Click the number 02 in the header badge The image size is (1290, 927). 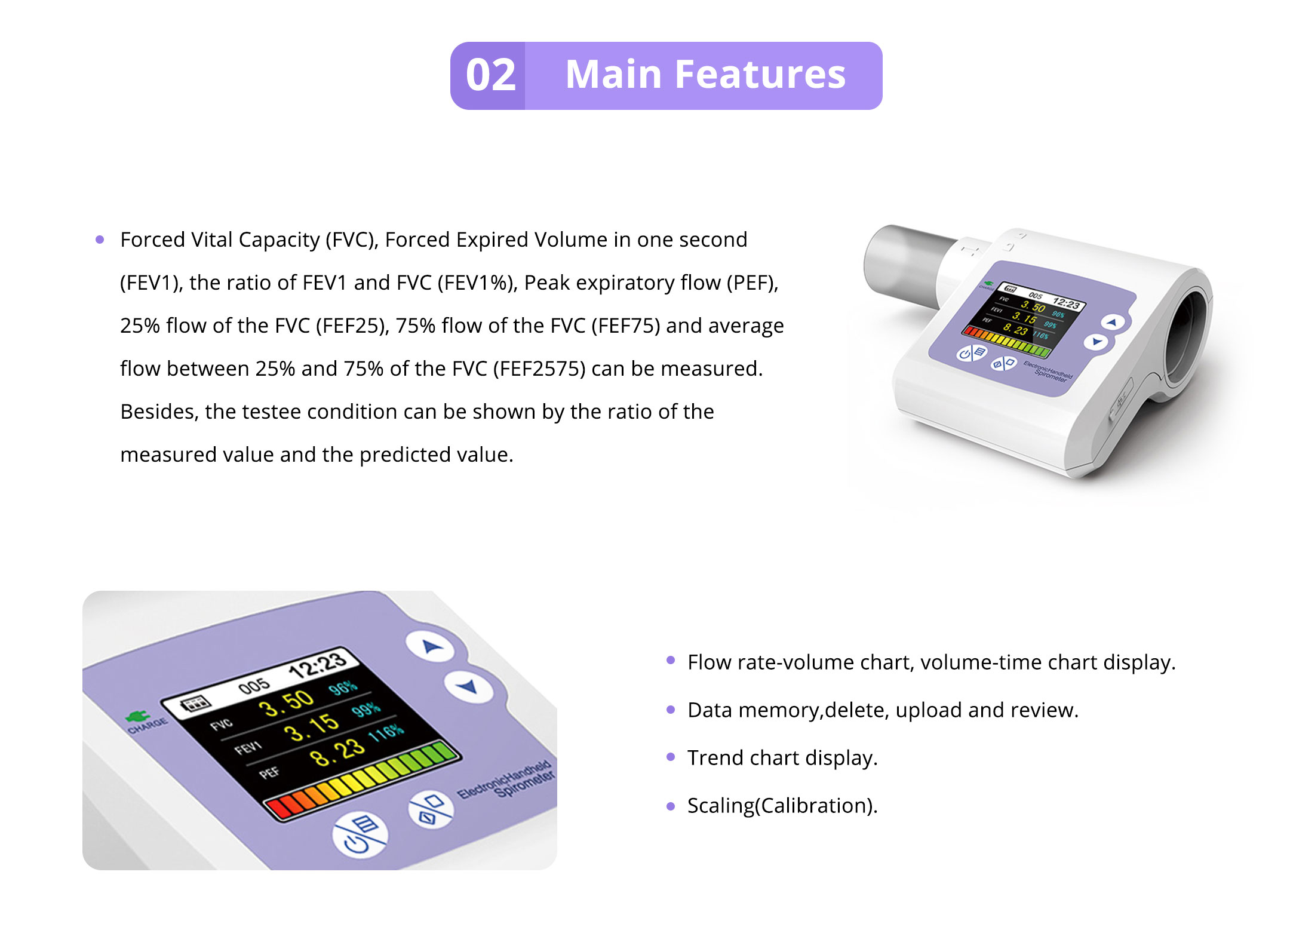490,75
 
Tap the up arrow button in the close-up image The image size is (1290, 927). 432,646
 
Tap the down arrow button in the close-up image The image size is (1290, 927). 468,686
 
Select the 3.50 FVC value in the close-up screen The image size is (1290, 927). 286,703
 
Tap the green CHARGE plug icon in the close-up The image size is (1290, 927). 138,715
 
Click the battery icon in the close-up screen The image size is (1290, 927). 195,703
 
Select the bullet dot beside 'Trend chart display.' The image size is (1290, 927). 671,757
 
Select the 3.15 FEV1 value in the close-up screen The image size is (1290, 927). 311,728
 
